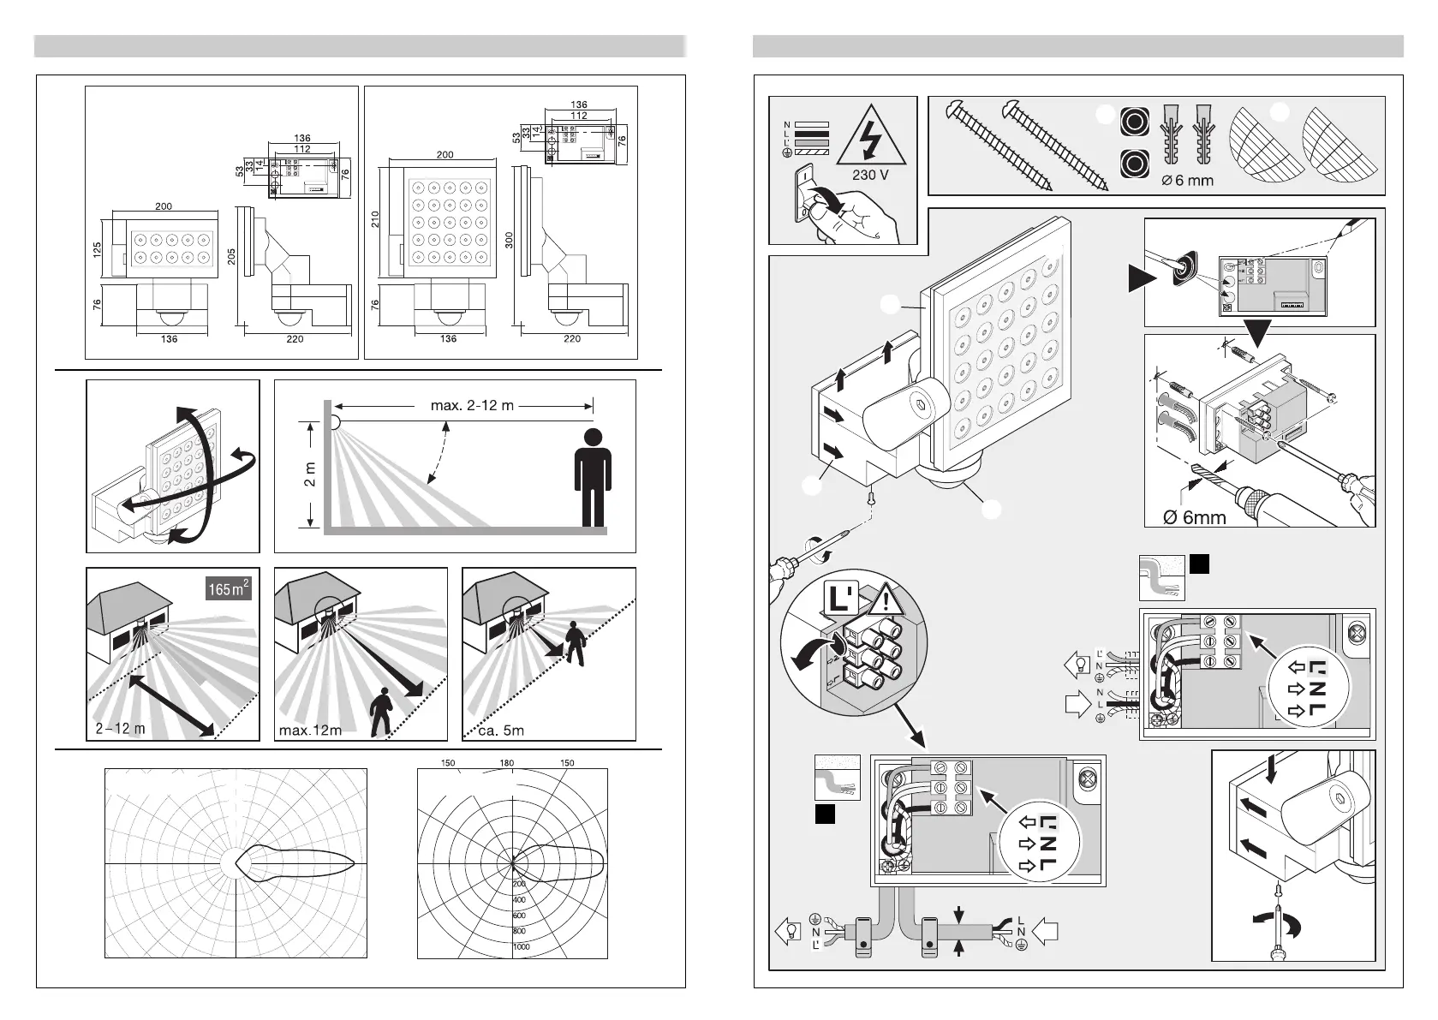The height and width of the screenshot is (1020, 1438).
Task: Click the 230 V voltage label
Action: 870,175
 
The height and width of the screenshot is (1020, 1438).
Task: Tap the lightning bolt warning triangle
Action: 869,141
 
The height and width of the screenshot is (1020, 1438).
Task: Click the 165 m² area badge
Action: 230,589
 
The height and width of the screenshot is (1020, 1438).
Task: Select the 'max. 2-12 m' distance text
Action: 472,405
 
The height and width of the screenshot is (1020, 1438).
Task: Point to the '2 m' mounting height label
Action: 310,474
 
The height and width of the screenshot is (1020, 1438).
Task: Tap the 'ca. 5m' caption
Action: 502,731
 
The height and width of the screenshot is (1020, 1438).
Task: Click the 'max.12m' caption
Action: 310,731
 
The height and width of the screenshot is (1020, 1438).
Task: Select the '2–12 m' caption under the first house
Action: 121,730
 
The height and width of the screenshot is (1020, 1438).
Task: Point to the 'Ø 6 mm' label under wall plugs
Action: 1187,181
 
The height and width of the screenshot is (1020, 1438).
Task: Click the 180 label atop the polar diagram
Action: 507,763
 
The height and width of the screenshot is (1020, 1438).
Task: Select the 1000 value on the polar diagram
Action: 521,946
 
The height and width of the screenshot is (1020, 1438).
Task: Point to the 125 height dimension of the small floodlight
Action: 98,251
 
